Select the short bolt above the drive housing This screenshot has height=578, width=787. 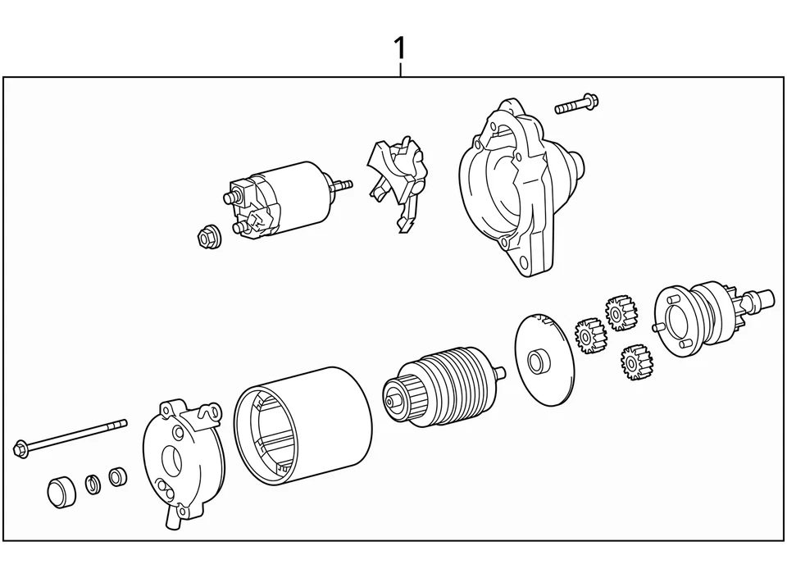click(577, 104)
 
